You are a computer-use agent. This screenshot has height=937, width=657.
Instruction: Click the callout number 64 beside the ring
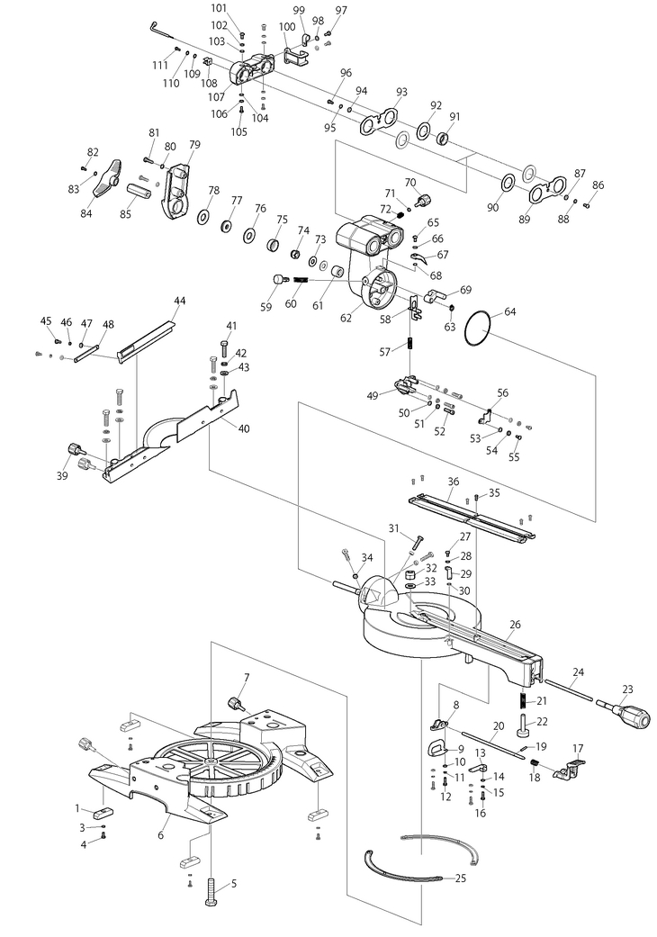(510, 311)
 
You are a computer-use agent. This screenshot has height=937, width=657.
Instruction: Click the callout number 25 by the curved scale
(461, 877)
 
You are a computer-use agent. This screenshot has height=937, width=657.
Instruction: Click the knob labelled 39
(74, 449)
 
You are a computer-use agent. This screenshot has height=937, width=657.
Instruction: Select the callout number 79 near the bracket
(194, 144)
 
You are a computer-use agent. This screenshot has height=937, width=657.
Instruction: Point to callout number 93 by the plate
(401, 92)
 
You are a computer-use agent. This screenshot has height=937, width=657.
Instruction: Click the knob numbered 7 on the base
(237, 703)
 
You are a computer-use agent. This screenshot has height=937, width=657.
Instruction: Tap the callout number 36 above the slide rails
(454, 482)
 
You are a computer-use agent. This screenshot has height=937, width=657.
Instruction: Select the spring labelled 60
(301, 281)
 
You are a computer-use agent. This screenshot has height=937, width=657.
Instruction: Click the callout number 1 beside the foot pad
(78, 808)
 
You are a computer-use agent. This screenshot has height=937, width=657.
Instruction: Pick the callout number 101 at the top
(219, 7)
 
